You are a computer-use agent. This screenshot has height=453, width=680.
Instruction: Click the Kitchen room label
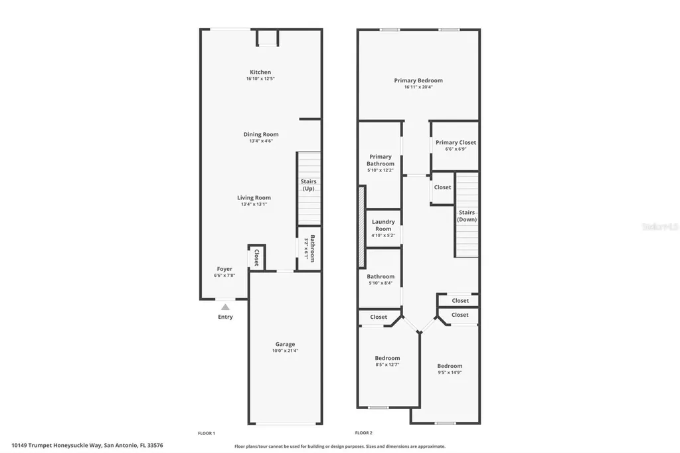click(x=260, y=72)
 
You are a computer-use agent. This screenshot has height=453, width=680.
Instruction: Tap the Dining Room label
click(x=260, y=134)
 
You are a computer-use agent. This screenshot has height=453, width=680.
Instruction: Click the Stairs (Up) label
click(x=309, y=185)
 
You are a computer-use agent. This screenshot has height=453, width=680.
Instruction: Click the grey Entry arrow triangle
click(x=225, y=307)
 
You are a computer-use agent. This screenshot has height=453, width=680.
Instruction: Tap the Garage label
click(x=285, y=344)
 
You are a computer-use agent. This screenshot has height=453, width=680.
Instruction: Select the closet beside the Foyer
click(x=256, y=258)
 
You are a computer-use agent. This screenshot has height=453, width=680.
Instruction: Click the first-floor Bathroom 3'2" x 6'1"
click(x=309, y=248)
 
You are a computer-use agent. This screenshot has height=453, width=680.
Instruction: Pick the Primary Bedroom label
click(x=418, y=80)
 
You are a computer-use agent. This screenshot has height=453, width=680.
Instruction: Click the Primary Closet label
click(x=456, y=142)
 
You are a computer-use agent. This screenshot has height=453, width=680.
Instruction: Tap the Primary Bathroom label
click(x=381, y=160)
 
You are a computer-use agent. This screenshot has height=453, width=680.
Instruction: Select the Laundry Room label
click(x=383, y=225)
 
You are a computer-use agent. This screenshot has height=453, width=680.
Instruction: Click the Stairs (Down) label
click(x=467, y=216)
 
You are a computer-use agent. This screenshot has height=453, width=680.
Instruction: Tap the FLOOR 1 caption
click(x=207, y=433)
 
